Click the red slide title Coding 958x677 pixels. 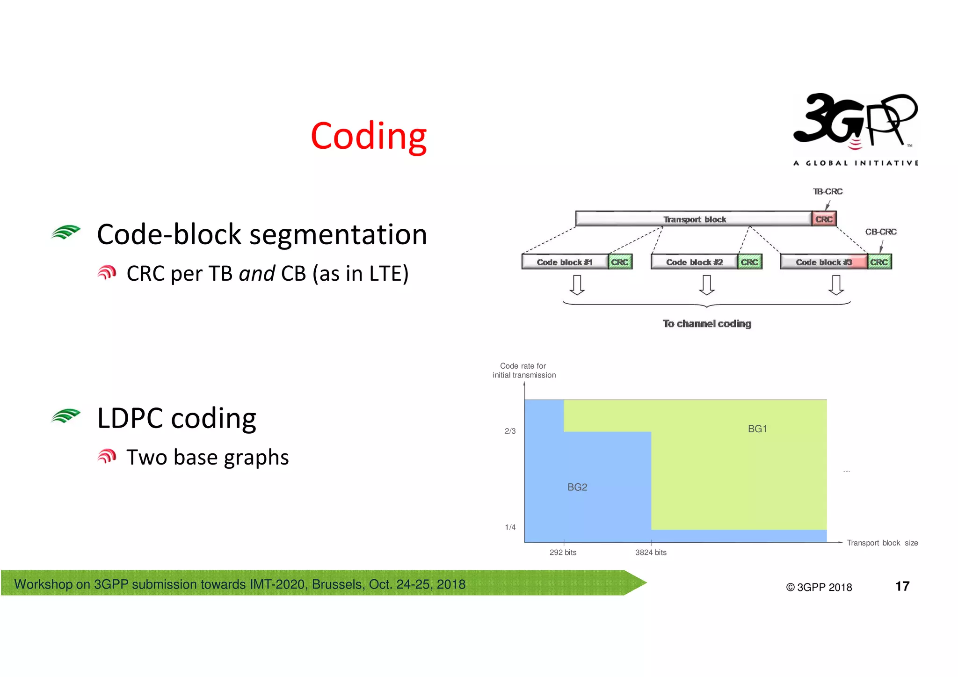[368, 136]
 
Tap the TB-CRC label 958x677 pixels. [827, 192]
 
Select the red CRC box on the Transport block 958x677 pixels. [824, 219]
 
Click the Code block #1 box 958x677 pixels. [565, 262]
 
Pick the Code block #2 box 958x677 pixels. [694, 262]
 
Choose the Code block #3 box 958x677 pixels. [824, 262]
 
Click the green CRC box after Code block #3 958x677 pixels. [879, 262]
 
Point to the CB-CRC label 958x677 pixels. [880, 232]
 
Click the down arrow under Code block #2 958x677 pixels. [706, 285]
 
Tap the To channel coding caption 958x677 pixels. [707, 324]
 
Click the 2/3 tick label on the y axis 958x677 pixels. [510, 431]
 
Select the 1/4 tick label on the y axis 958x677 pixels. [510, 527]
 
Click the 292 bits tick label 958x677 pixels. [563, 553]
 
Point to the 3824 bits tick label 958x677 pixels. [651, 553]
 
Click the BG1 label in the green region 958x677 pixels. [757, 429]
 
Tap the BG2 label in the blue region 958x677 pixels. [577, 488]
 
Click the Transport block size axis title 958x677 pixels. [882, 543]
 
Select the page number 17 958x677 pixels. [902, 586]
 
